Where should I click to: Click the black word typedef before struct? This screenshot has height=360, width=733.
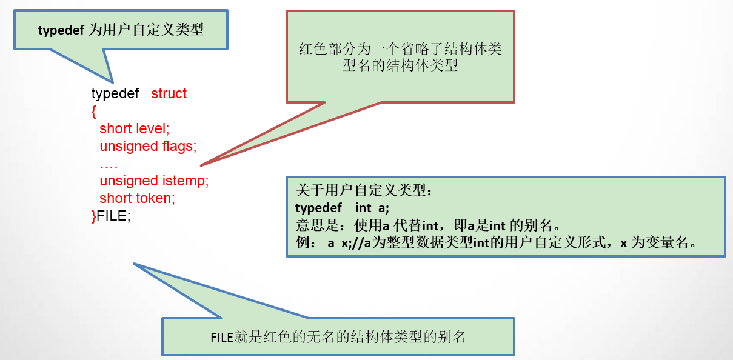click(x=115, y=94)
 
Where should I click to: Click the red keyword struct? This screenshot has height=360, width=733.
click(x=169, y=94)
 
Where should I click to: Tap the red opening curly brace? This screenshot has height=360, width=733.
click(x=94, y=112)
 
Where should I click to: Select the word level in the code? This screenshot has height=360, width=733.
click(x=150, y=128)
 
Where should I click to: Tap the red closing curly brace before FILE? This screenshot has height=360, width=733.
click(x=94, y=216)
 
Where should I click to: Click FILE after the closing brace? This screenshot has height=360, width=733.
click(x=113, y=216)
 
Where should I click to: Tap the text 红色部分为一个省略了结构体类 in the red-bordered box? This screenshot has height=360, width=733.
click(x=400, y=49)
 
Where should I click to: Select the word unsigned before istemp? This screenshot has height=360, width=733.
click(x=129, y=181)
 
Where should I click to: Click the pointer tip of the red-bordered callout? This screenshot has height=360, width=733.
click(x=201, y=165)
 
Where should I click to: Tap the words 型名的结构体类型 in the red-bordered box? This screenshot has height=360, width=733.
click(x=400, y=66)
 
